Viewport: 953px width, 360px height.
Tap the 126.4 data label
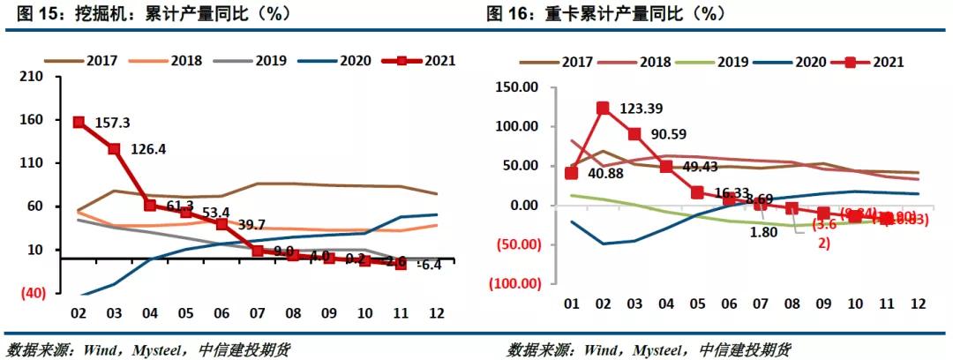147,148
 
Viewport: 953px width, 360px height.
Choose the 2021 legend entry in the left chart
427,61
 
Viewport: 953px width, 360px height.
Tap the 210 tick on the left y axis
33,77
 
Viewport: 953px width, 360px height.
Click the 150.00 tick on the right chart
517,87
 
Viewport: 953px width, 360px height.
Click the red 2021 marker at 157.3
79,123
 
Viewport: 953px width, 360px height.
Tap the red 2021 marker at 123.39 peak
602,109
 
